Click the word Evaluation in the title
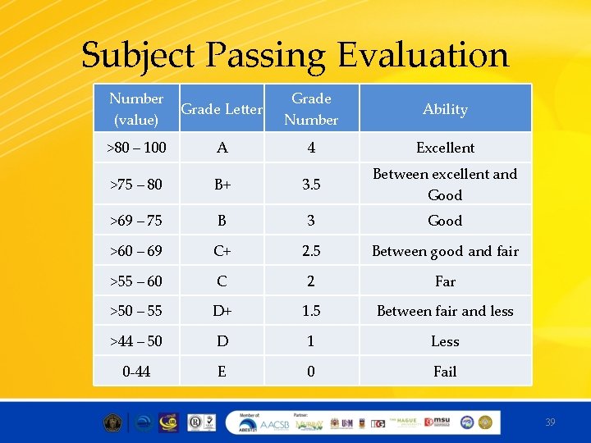pos(424,56)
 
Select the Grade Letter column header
pos(222,109)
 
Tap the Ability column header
pos(445,109)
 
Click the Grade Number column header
pos(311,109)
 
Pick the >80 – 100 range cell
pos(136,148)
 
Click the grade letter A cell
pos(222,148)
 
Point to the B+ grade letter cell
pos(222,185)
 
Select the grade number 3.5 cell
pos(311,185)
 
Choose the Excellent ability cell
pos(445,148)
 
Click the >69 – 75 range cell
pos(136,221)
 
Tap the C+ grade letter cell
pos(222,251)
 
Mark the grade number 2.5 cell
pos(311,251)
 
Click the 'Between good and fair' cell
pos(445,251)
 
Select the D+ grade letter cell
pos(222,311)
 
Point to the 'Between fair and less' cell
pos(445,311)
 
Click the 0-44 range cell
pos(136,372)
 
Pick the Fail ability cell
pos(445,372)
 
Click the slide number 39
pos(550,422)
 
